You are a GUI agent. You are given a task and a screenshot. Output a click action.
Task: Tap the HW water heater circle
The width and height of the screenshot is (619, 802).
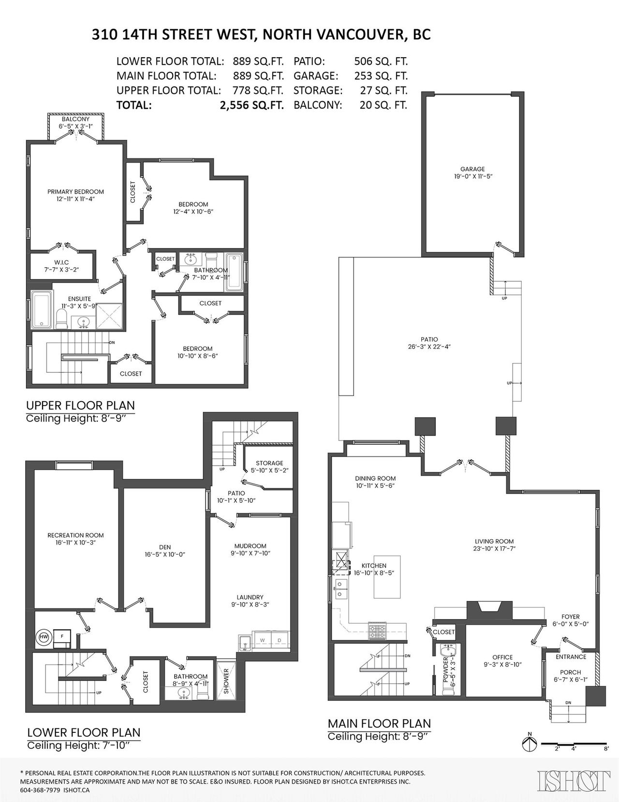(44, 636)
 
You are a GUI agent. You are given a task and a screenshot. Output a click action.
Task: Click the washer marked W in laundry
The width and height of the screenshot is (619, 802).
(262, 640)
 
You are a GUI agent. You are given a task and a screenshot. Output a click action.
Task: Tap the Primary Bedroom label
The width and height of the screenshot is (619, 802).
(75, 192)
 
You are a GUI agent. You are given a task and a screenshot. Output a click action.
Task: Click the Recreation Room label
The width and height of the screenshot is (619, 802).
(75, 535)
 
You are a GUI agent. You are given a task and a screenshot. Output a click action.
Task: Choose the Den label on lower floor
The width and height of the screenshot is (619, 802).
(165, 547)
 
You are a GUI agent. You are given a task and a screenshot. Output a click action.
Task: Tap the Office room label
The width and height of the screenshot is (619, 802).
(502, 657)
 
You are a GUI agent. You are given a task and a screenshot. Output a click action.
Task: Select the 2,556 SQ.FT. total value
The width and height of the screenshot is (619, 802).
(252, 105)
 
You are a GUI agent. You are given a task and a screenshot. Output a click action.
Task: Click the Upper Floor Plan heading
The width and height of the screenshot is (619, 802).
(80, 405)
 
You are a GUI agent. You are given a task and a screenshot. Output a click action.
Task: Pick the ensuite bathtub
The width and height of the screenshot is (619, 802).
(41, 309)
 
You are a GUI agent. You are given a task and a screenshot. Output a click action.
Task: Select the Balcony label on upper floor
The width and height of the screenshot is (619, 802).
(75, 119)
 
